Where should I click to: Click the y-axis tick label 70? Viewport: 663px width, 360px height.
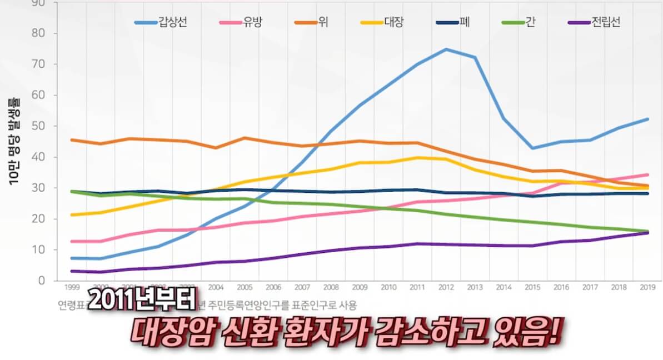(45, 64)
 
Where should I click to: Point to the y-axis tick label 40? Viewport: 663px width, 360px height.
(45, 157)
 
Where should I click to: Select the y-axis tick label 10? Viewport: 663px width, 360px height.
(45, 250)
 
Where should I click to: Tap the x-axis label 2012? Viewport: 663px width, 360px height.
(446, 287)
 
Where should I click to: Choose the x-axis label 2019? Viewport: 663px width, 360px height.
(647, 287)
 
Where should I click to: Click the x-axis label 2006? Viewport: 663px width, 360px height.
(273, 287)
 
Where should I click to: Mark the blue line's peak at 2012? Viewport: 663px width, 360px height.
(446, 49)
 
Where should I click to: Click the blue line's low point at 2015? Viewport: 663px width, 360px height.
(532, 148)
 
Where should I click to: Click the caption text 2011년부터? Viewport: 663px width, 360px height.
(141, 301)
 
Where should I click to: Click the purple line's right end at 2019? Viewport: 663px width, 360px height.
(647, 232)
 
